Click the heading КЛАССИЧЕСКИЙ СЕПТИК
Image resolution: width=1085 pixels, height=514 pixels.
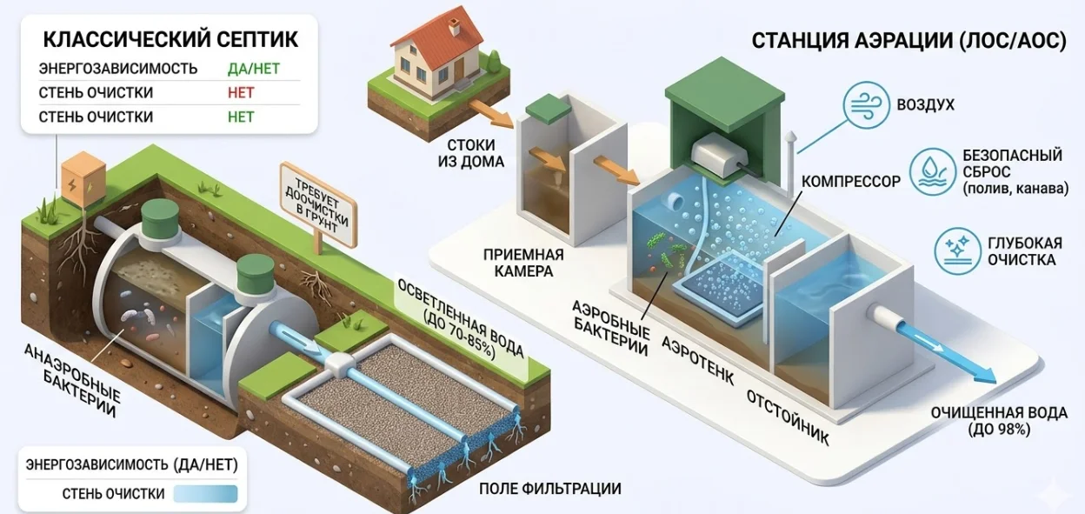coord(170,39)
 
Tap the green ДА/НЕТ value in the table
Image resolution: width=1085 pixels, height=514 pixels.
coord(253,68)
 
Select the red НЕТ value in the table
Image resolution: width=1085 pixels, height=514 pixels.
coord(241,92)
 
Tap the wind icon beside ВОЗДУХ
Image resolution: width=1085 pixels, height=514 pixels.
coord(869,104)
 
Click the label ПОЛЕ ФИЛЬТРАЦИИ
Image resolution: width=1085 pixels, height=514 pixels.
coord(549,488)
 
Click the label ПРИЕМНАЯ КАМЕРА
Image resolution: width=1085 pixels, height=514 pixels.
coord(524,263)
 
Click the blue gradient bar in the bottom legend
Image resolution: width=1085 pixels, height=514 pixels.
coord(205,494)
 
